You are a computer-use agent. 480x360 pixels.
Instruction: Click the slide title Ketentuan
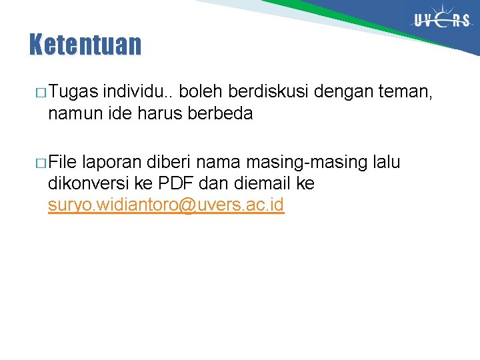click(85, 45)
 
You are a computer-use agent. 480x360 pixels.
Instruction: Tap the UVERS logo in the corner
click(441, 21)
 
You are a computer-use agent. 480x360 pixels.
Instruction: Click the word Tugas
click(73, 91)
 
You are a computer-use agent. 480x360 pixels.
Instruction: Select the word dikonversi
click(86, 183)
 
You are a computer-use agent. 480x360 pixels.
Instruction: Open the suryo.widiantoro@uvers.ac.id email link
click(166, 205)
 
